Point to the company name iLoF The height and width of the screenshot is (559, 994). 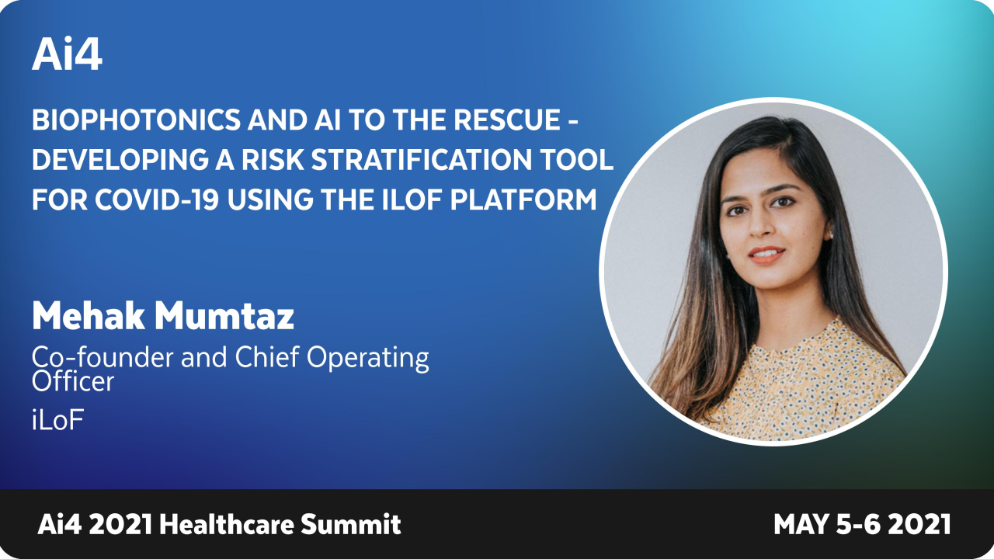[x=57, y=422]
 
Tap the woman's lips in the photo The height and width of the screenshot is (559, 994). [x=767, y=255]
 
